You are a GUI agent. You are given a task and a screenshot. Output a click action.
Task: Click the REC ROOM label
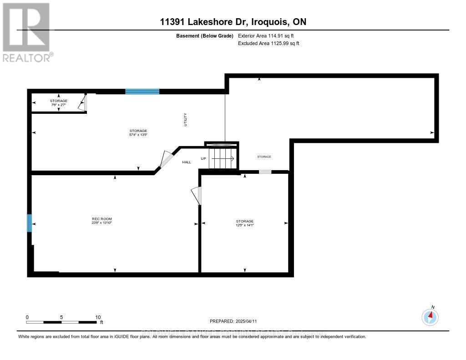coord(101,219)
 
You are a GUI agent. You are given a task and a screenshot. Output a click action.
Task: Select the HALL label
coord(187,162)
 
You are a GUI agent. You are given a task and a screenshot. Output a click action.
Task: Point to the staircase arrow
coord(223,159)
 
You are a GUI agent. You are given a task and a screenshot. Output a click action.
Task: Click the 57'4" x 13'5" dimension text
coord(138,135)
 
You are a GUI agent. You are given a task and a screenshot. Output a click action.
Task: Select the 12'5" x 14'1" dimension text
coord(244,225)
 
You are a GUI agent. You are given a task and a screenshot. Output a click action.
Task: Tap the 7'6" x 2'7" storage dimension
coord(58,105)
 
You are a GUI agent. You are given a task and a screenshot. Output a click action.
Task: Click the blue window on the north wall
coord(142,91)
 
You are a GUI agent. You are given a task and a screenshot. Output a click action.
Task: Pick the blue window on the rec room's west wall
coord(30,223)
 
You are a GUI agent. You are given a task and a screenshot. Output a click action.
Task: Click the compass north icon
coord(430,316)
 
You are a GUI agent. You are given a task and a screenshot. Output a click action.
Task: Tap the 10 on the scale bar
coord(98,317)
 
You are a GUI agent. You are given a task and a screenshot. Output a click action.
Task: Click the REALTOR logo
coord(26,32)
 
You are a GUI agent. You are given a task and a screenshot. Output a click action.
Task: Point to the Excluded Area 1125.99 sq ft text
coord(269,43)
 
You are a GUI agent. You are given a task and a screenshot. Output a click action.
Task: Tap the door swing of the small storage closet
coord(82,103)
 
